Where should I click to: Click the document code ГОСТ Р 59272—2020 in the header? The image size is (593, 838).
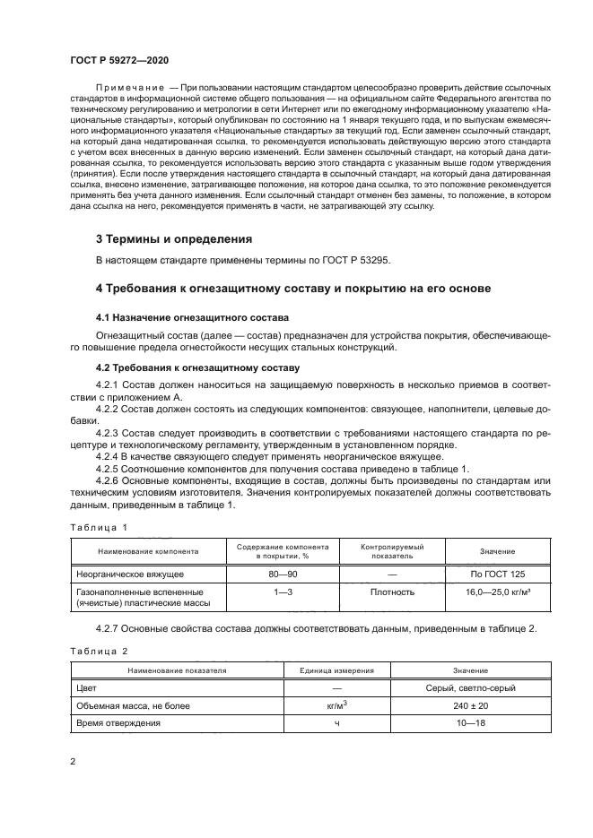tap(118, 58)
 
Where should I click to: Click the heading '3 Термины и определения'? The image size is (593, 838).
tap(174, 239)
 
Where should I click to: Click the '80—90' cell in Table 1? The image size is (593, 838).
tap(283, 571)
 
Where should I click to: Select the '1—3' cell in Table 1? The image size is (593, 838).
tap(283, 592)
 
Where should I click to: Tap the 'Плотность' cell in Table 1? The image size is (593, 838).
tap(392, 592)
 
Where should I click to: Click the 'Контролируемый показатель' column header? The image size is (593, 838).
tap(392, 551)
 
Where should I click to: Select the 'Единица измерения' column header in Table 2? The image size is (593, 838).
tap(336, 670)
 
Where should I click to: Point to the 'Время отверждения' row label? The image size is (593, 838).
tap(118, 723)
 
